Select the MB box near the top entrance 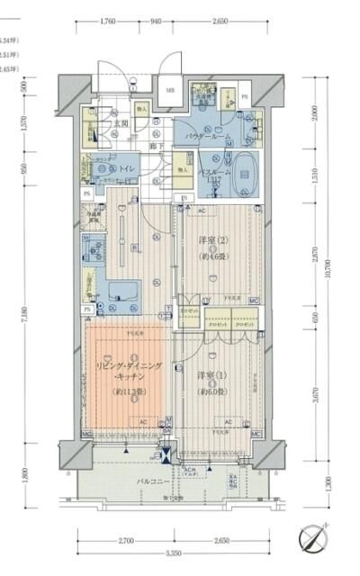pyautogui.click(x=168, y=91)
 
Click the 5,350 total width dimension pyautogui.click(x=175, y=552)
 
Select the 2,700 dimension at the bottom pyautogui.click(x=125, y=540)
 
